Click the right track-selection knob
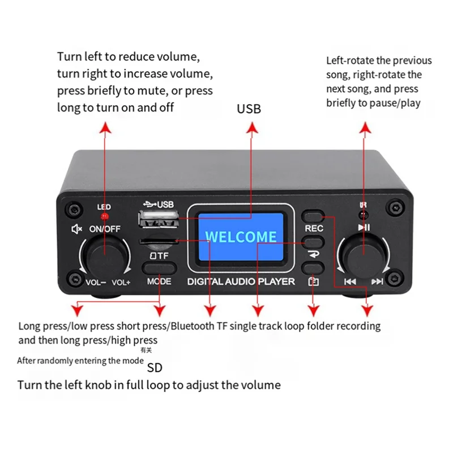(x=362, y=255)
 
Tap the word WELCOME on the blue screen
(x=241, y=237)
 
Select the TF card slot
(x=157, y=242)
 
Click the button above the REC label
(x=314, y=216)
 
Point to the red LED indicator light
(x=104, y=216)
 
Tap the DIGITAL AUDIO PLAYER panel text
(x=241, y=281)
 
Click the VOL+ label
(x=121, y=282)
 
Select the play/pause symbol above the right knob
(x=364, y=228)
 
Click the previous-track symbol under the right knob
(x=350, y=281)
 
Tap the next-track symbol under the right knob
(x=377, y=281)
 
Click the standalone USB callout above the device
(x=249, y=109)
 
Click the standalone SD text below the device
(x=155, y=368)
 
